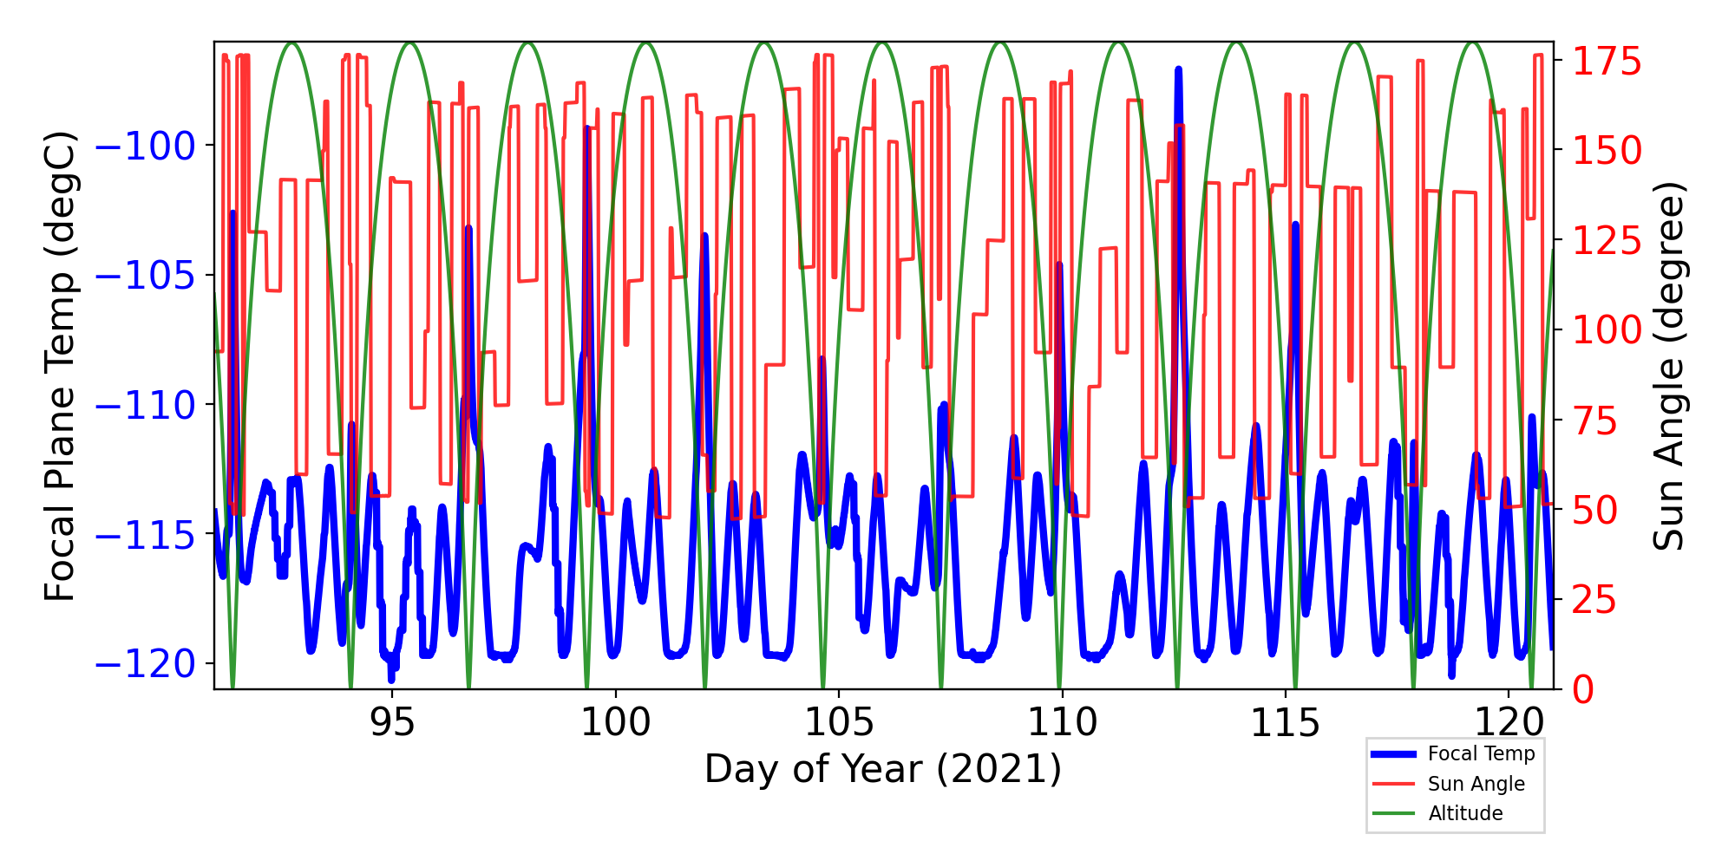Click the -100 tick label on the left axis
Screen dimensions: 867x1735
tap(145, 146)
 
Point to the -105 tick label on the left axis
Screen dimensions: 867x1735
tap(145, 276)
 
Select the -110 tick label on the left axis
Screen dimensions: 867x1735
tap(145, 405)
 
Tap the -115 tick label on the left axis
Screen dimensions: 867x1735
tap(145, 535)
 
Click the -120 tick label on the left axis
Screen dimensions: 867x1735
tap(145, 664)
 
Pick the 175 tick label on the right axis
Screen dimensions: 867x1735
tap(1607, 62)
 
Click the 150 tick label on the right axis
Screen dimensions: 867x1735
tap(1607, 151)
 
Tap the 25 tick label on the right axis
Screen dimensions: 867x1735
tap(1596, 600)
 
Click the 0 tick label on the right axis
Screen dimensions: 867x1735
tap(1584, 690)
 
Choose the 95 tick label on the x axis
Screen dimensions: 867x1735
tap(392, 722)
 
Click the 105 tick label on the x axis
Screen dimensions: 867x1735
tap(839, 722)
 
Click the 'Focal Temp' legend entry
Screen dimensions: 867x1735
tap(1481, 754)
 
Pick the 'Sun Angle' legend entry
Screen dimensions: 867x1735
tap(1476, 784)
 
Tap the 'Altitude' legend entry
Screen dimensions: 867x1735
tap(1465, 813)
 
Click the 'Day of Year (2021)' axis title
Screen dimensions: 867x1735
tap(883, 769)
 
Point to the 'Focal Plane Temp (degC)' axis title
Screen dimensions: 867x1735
tap(61, 366)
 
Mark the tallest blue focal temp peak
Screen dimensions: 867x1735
tap(1178, 69)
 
